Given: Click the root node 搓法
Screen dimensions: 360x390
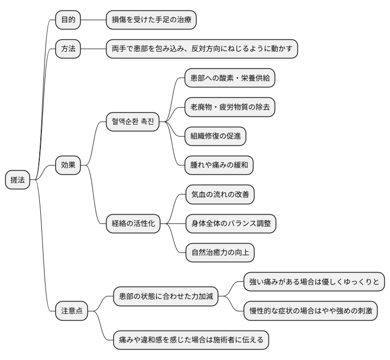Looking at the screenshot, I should click(18, 180).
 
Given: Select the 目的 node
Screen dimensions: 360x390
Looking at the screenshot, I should click(68, 20).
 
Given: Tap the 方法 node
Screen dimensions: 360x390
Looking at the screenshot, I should click(68, 49).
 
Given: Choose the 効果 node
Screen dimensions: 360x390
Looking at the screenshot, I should click(68, 166).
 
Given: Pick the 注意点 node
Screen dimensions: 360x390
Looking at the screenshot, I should click(72, 311).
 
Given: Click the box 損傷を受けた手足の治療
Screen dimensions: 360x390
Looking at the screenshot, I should click(151, 20).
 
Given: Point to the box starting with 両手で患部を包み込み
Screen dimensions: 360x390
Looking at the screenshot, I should click(202, 49).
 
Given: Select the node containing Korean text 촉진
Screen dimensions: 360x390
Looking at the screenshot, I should click(132, 122).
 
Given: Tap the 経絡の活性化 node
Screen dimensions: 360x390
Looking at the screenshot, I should click(133, 224).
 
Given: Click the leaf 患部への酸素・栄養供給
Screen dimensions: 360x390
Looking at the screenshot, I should click(230, 79).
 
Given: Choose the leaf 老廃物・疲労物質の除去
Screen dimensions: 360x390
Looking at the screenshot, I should click(230, 108).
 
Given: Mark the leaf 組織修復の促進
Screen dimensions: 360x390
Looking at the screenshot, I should click(215, 137).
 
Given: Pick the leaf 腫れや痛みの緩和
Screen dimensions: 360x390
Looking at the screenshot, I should click(219, 166).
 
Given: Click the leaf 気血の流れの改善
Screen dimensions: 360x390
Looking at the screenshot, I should click(220, 195).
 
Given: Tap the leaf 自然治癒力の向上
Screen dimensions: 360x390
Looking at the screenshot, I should click(220, 253).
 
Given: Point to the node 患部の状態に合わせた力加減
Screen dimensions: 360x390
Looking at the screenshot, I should click(166, 296).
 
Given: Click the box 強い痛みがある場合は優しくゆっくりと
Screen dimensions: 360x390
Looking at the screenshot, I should click(314, 282).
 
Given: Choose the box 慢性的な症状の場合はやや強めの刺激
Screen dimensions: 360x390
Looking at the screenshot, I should click(310, 311).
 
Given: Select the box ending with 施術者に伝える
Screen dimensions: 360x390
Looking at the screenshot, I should click(191, 340).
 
